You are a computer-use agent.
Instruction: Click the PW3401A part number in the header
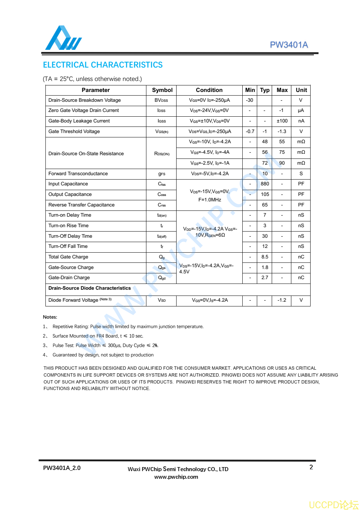(289, 45)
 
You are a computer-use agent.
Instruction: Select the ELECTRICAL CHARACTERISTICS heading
(103, 65)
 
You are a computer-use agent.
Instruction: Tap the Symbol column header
(162, 90)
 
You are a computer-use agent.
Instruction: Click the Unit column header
(301, 90)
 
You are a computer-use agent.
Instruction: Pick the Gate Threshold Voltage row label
(74, 132)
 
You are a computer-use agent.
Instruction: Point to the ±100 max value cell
(282, 121)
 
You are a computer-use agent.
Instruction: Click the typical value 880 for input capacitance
(265, 184)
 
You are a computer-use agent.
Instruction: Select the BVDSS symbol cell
(161, 100)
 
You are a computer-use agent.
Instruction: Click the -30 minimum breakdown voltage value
(250, 100)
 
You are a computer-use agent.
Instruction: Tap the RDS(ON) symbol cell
(162, 154)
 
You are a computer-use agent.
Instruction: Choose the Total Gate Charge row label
(68, 257)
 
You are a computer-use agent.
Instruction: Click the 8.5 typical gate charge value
(265, 257)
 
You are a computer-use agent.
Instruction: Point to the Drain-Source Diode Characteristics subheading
(90, 288)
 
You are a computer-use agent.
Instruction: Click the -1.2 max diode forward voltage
(282, 300)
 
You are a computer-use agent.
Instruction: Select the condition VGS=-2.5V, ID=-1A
(210, 163)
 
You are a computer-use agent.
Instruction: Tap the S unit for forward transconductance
(301, 174)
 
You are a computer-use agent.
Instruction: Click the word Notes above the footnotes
(50, 317)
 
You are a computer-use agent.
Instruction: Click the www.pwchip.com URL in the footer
(176, 477)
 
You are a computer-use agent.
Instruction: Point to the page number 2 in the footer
(311, 467)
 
